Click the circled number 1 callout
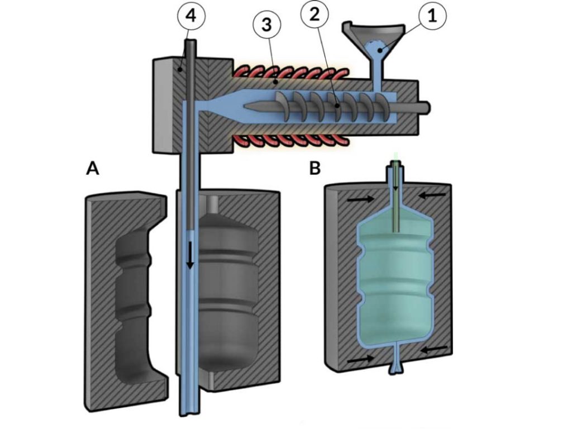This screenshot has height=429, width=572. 433,17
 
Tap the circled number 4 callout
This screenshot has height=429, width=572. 190,17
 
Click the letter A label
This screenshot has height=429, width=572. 93,168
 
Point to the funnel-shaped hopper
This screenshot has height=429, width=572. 373,39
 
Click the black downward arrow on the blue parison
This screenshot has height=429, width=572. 190,254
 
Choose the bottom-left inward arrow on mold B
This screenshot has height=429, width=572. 360,360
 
